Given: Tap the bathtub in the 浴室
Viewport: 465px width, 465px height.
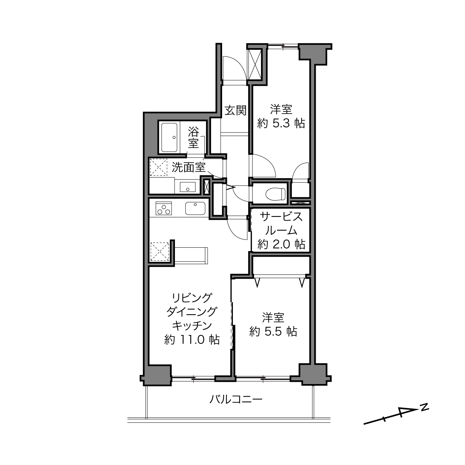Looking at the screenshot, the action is [x=170, y=137].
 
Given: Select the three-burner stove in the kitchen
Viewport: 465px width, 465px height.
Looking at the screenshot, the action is [x=164, y=208].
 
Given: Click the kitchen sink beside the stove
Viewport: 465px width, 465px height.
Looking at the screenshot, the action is [x=195, y=208].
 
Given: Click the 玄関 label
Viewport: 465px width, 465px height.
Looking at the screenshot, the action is [x=235, y=111].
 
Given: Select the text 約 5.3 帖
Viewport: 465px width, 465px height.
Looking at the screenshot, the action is [x=281, y=124].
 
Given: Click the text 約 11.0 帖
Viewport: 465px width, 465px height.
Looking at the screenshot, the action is [x=192, y=340].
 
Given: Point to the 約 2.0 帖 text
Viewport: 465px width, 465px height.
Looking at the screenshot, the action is [x=281, y=244].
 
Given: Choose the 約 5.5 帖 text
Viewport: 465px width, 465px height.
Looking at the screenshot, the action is [x=273, y=332].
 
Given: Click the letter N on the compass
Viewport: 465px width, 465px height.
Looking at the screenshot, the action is [x=425, y=407].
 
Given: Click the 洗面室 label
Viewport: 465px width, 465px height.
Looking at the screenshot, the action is [x=188, y=168].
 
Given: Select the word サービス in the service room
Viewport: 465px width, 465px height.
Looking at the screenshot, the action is [x=281, y=217].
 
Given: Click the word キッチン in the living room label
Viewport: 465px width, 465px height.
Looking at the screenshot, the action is [x=192, y=325].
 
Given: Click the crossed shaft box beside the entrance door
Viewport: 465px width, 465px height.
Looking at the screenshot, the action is [x=255, y=64].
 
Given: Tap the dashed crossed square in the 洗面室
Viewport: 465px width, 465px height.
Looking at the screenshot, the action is [x=159, y=167].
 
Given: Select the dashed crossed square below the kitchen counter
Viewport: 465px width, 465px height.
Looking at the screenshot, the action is [x=159, y=252].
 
